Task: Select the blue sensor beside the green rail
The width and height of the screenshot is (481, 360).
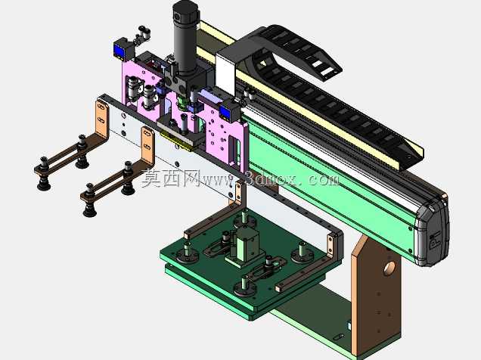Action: tap(226, 112)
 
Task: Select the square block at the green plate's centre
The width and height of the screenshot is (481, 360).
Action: tap(247, 244)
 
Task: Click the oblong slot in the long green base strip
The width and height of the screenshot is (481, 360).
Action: tap(337, 337)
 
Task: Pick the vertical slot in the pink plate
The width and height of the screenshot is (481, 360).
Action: tap(234, 151)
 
